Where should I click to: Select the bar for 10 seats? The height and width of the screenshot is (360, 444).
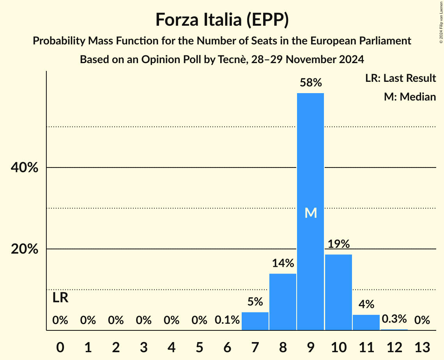pos(338,292)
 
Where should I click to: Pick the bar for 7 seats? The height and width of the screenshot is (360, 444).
pos(255,321)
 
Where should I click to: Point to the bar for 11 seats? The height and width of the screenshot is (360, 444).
pos(366,322)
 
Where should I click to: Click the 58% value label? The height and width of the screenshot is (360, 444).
pos(310,83)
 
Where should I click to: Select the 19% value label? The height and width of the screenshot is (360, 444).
pos(338,244)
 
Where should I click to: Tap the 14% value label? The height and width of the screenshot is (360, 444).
pos(283,263)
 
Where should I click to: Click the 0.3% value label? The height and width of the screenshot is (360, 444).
pos(394,319)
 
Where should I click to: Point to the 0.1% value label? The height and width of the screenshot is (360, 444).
pos(227,320)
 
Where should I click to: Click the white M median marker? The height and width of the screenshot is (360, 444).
pos(310,213)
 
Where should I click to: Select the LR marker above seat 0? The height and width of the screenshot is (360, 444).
pos(60,298)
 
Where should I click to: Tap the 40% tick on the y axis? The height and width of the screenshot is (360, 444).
pos(24,168)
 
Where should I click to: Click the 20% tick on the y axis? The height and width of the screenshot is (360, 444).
pos(24,249)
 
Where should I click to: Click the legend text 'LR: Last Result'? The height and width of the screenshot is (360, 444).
pos(400,78)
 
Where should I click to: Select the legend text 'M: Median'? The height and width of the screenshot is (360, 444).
pos(410,97)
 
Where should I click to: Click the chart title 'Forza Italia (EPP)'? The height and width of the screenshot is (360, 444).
pos(222,20)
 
